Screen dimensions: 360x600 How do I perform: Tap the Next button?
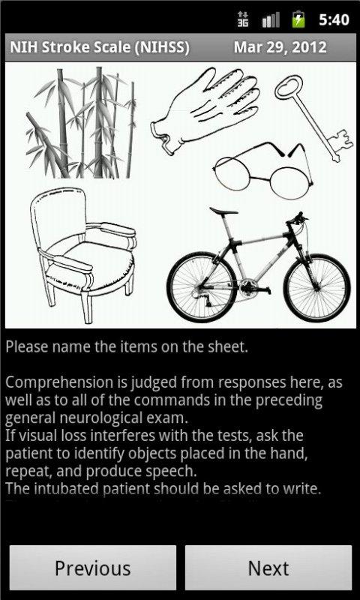268,568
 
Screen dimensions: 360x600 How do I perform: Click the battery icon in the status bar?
298,19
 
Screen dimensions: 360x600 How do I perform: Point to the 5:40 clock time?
334,20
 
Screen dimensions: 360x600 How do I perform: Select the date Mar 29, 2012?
280,47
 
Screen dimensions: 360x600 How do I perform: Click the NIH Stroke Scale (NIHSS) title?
100,47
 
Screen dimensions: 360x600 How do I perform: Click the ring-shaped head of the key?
289,87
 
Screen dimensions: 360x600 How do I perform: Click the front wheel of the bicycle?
316,287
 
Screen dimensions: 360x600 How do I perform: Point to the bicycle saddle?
223,211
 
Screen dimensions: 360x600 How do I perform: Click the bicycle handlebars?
297,220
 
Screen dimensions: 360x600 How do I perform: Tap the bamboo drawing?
81,122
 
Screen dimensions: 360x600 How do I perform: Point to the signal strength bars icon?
271,20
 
